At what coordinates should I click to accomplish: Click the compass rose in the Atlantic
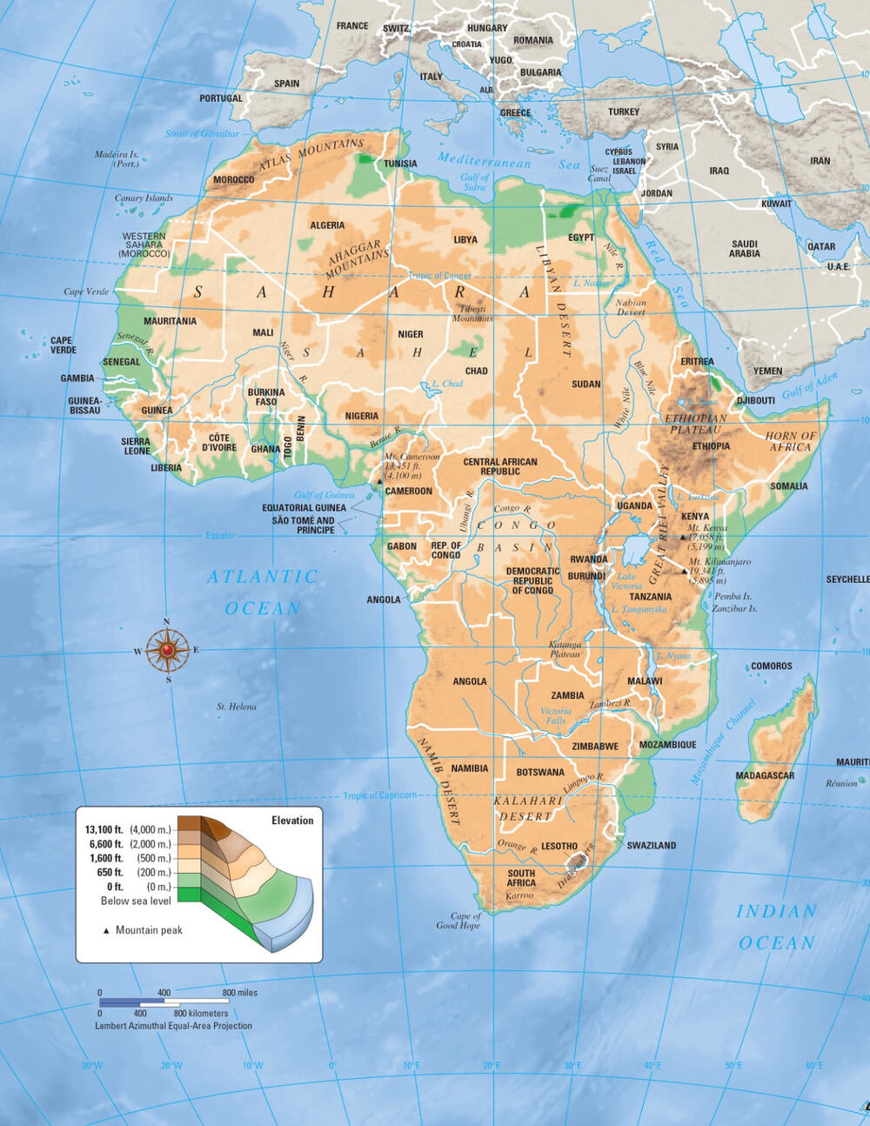tap(167, 649)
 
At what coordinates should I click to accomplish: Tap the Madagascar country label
tap(765, 775)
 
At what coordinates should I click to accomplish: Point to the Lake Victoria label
tap(626, 581)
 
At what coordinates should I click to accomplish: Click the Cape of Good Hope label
tap(459, 921)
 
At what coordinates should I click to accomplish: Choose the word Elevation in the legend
tap(292, 821)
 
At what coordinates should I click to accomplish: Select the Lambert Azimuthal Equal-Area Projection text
tap(173, 1026)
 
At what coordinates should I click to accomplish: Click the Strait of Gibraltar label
tap(202, 134)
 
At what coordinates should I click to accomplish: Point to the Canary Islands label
tap(144, 198)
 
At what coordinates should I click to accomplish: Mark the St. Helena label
tap(237, 707)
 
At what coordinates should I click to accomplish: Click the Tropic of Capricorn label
tap(379, 795)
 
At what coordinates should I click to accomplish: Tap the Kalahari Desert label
tap(528, 808)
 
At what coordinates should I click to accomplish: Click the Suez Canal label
tap(599, 174)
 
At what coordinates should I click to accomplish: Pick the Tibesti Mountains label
tap(472, 313)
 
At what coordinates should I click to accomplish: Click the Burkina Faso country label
tap(266, 397)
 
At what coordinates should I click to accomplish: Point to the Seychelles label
tap(847, 580)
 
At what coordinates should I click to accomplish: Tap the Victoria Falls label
tap(556, 715)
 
